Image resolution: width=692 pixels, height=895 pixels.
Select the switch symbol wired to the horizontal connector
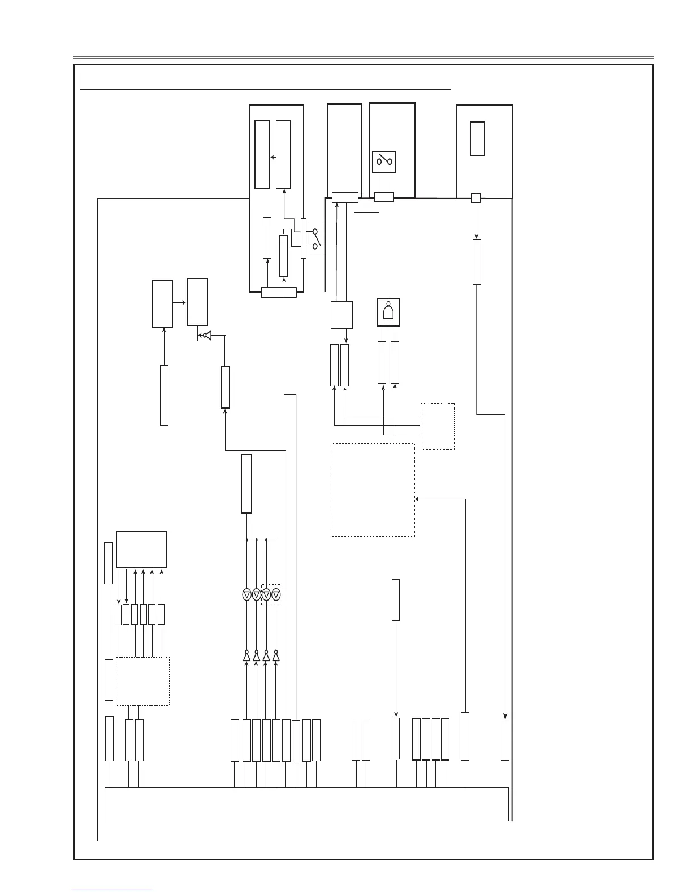pos(384,162)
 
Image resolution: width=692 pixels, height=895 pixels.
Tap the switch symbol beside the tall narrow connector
pos(315,238)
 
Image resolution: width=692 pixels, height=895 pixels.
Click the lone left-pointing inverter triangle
pos(206,336)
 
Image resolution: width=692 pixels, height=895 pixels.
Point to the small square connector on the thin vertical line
pos(476,198)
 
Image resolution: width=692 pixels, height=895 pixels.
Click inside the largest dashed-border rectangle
pos(373,489)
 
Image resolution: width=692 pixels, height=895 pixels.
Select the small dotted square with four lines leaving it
pos(438,426)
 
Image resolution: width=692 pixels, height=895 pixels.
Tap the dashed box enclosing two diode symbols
pos(271,594)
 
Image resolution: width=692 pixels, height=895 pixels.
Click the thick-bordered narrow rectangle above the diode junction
pos(246,483)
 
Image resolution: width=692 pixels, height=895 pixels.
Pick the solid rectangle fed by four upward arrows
pos(141,549)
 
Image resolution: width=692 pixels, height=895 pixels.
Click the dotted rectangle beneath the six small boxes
pos(142,681)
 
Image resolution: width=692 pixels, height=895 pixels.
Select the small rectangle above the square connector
pos(477,138)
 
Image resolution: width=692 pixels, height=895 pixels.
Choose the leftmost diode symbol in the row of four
pos(246,594)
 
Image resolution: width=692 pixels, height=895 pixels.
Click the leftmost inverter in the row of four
pos(246,657)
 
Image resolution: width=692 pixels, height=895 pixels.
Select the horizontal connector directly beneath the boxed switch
pos(384,197)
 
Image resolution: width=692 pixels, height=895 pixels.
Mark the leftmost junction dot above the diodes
pos(247,540)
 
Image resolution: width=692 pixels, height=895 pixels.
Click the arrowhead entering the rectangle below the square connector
pos(477,237)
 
